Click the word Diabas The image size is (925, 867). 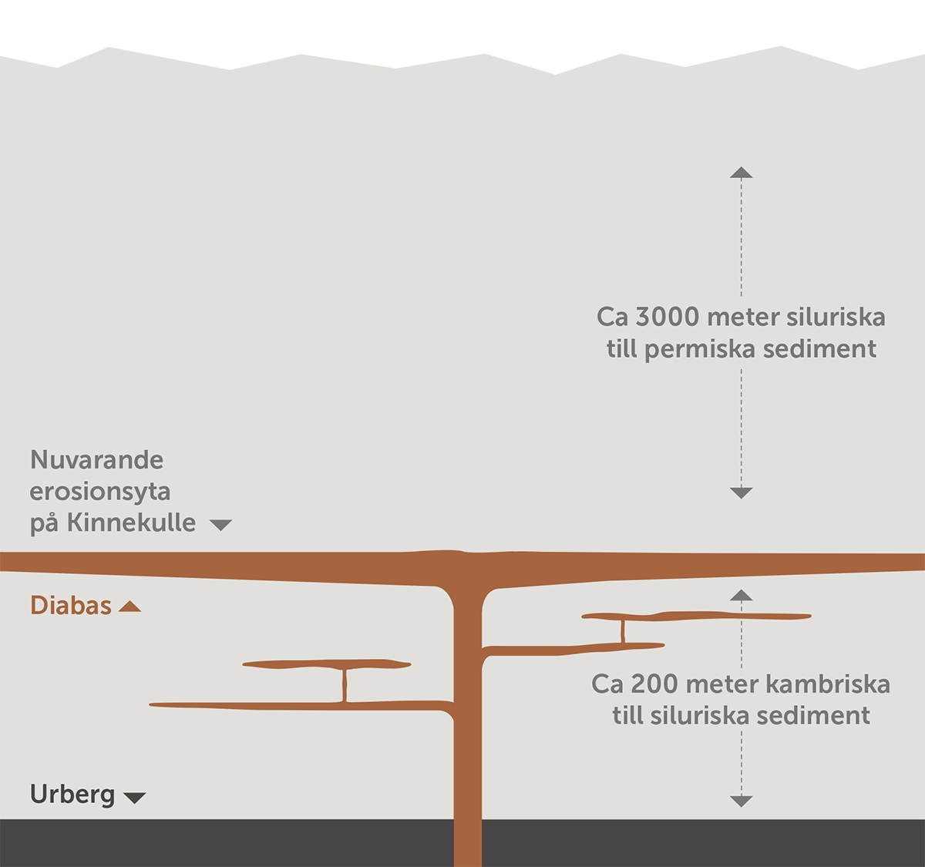[x=71, y=606]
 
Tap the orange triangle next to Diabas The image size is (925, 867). [x=129, y=607]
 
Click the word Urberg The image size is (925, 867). [x=72, y=794]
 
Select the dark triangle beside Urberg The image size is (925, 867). [x=135, y=798]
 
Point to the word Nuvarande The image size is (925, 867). [x=96, y=460]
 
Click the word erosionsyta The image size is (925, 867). [x=100, y=492]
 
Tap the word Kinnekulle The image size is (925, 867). [x=131, y=523]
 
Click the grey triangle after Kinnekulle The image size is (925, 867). [x=220, y=525]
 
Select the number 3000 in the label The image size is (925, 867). [x=667, y=317]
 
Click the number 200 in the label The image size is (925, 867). [x=655, y=684]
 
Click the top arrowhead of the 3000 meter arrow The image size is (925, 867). [x=741, y=173]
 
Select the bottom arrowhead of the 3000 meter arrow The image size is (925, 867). [x=741, y=492]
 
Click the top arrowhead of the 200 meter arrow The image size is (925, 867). [x=741, y=595]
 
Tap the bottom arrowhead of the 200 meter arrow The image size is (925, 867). [x=741, y=801]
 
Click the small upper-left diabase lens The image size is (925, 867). [x=326, y=664]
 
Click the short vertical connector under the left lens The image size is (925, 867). [x=345, y=684]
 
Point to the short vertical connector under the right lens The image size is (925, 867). [x=623, y=631]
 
